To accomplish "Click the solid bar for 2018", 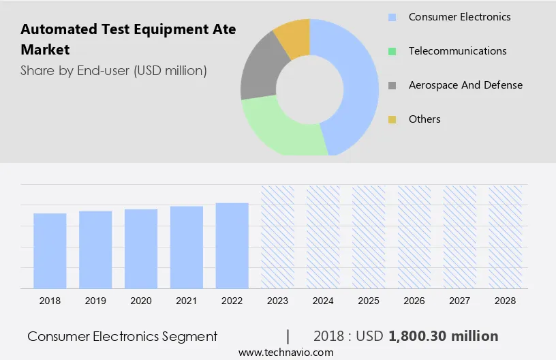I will [50, 251].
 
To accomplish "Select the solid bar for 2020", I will [141, 249].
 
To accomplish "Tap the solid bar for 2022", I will [232, 245].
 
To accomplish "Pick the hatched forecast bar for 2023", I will [277, 237].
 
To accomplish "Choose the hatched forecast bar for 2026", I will [414, 237].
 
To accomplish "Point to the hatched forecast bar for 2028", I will [505, 237].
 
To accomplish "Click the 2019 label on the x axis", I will [95, 301].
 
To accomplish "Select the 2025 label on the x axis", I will [369, 301].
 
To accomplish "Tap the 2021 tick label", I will [187, 301].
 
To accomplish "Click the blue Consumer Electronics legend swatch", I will [392, 17].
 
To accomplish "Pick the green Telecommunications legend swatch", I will [392, 51].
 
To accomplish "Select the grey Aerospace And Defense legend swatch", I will [392, 85].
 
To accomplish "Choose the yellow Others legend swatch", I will [392, 119].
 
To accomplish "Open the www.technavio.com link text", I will [285, 352].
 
